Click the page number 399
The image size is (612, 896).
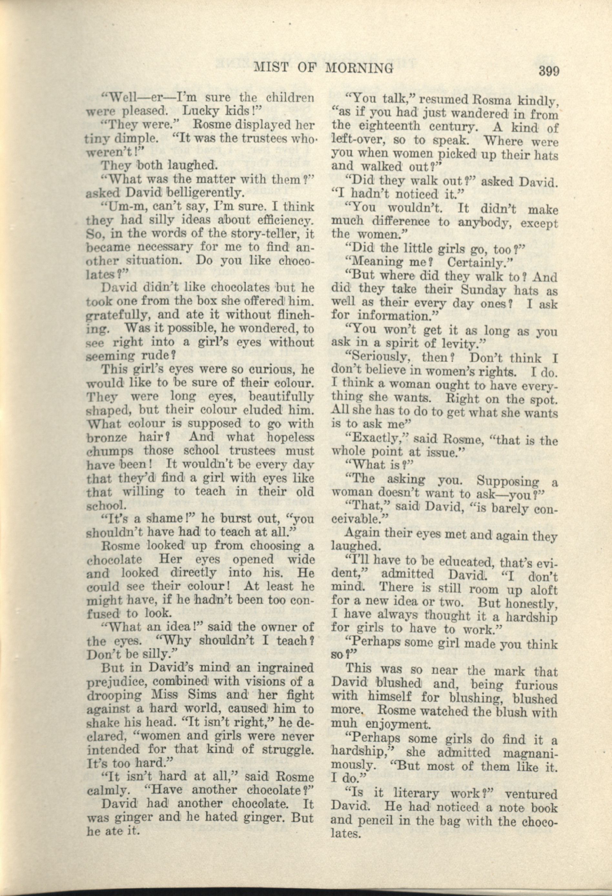click(545, 71)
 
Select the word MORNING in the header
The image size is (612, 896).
click(359, 68)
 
